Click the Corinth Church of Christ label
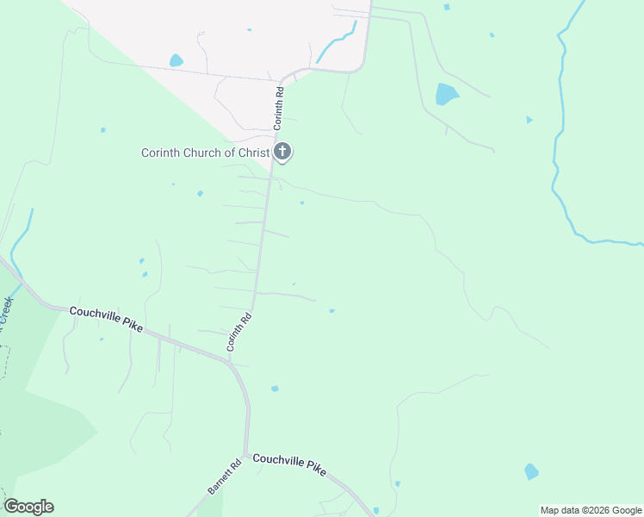[x=205, y=153]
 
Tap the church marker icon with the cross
[x=282, y=153]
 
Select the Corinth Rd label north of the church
[x=279, y=108]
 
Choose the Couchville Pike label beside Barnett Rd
[x=290, y=464]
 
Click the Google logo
[x=28, y=507]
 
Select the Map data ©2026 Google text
[x=591, y=510]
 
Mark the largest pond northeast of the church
[x=446, y=94]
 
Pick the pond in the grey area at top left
[x=176, y=60]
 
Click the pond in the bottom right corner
[x=531, y=471]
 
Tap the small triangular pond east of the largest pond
[x=529, y=120]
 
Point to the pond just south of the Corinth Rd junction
[x=275, y=389]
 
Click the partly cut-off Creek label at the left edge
[x=7, y=310]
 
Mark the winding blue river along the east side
[x=562, y=129]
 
